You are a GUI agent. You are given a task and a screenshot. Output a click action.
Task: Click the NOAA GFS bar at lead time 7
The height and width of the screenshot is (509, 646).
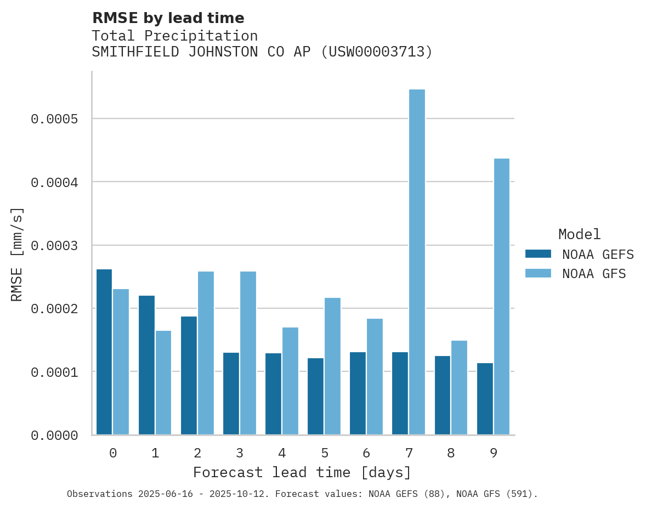click(417, 262)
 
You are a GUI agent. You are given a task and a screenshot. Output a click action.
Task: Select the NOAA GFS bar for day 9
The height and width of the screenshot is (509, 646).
click(502, 297)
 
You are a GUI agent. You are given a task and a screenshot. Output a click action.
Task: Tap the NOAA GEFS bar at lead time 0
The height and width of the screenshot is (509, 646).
click(104, 352)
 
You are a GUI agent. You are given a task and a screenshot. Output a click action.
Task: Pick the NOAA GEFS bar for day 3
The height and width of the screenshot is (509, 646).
click(231, 394)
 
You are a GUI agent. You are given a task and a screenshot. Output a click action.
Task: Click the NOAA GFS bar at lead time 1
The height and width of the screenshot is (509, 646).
click(163, 383)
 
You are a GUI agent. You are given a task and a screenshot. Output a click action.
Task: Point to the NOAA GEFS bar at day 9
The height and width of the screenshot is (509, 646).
click(485, 399)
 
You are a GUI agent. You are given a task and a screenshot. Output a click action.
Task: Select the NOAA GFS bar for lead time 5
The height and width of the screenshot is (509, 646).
click(332, 366)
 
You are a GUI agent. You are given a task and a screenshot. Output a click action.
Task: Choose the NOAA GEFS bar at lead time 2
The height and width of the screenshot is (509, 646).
click(189, 376)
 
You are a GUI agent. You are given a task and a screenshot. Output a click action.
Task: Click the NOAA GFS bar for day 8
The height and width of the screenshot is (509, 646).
click(459, 388)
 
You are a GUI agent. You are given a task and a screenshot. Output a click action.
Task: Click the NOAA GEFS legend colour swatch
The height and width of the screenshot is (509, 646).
click(538, 254)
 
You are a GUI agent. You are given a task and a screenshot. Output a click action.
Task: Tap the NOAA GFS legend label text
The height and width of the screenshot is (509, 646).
click(594, 274)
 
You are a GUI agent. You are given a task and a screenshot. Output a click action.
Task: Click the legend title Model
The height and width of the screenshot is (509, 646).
click(580, 234)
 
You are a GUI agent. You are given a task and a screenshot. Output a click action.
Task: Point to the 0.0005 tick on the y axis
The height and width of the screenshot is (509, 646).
click(54, 119)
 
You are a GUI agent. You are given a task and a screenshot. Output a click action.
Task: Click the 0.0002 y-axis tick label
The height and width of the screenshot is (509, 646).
click(54, 309)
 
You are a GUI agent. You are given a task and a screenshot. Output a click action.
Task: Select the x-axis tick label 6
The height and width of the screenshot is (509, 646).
click(366, 453)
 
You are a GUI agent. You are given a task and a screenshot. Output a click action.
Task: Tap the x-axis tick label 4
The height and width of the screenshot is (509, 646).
click(282, 453)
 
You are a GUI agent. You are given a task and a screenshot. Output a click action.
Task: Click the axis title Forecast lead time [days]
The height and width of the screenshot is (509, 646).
click(302, 472)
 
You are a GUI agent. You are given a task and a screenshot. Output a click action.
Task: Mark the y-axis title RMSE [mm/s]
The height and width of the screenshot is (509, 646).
click(17, 254)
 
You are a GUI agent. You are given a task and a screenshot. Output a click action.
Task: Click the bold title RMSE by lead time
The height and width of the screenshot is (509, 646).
click(168, 18)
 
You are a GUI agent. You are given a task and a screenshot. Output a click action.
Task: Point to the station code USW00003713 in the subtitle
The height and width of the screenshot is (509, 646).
click(376, 52)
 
